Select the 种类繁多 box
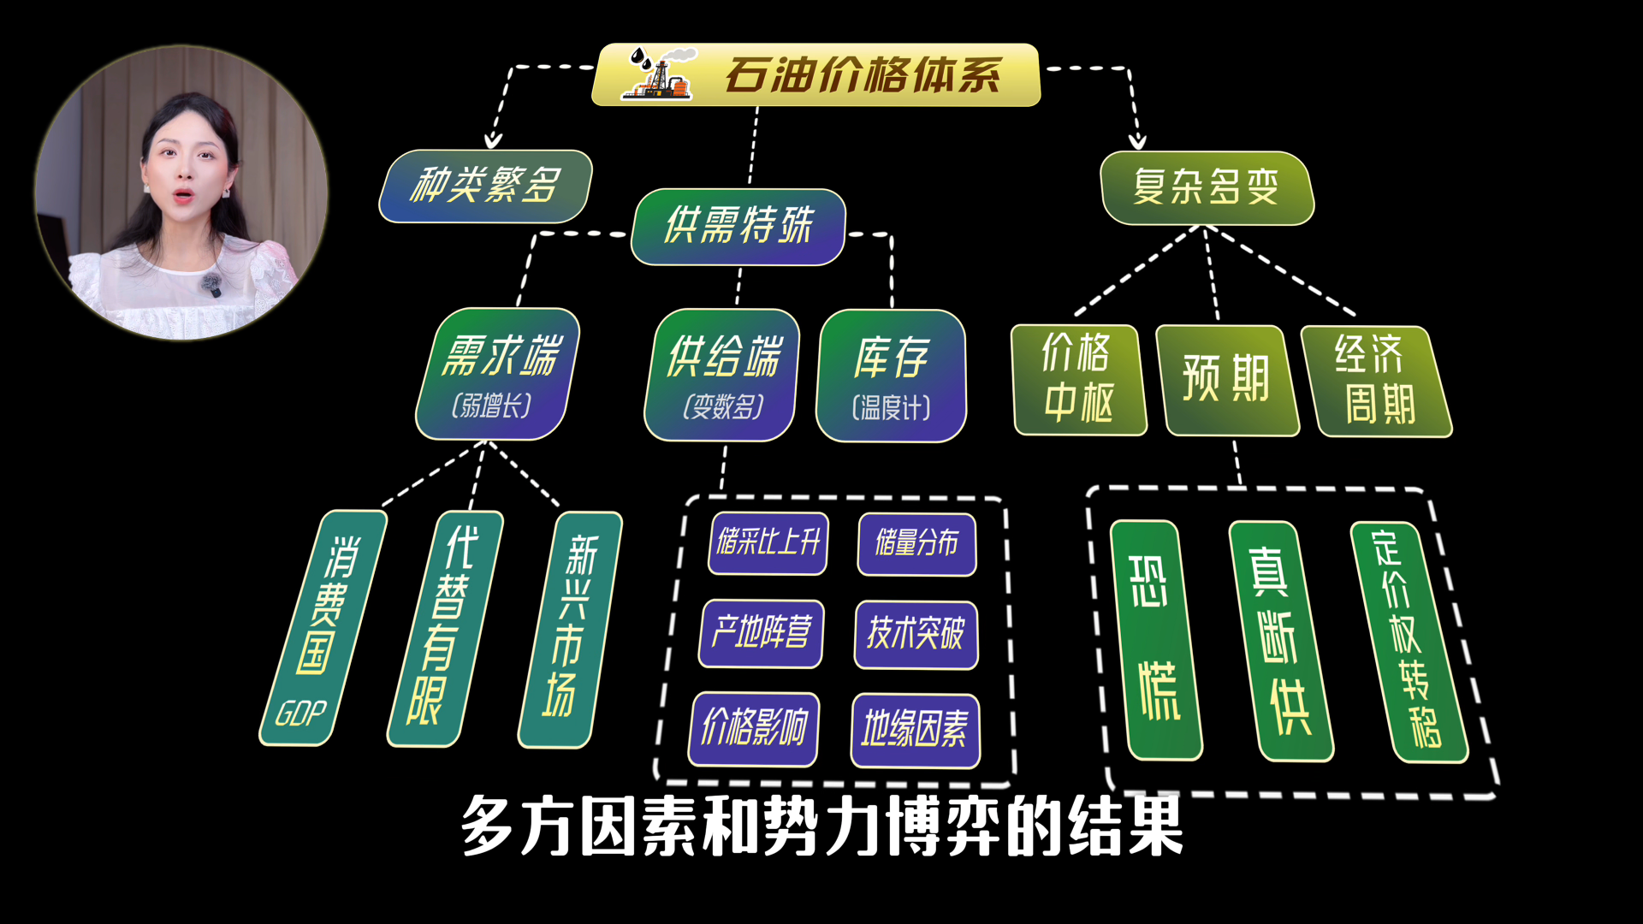[x=485, y=186]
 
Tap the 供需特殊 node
[x=738, y=227]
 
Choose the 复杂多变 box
[x=1207, y=187]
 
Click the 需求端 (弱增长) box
[x=496, y=375]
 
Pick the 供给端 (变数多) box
[x=722, y=376]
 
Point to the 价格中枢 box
[x=1077, y=380]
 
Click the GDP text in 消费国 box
[x=301, y=713]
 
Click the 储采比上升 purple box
[x=768, y=542]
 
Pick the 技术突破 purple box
[x=916, y=634]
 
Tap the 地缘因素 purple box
[x=915, y=730]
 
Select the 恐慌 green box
[x=1155, y=640]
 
